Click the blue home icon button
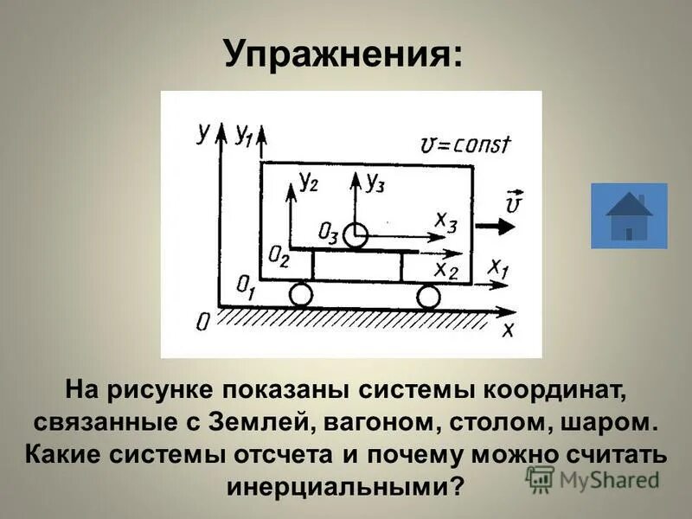[629, 216]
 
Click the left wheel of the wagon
[300, 295]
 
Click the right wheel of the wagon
[428, 297]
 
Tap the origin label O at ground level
[202, 322]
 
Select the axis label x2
[446, 269]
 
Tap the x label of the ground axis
[509, 329]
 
